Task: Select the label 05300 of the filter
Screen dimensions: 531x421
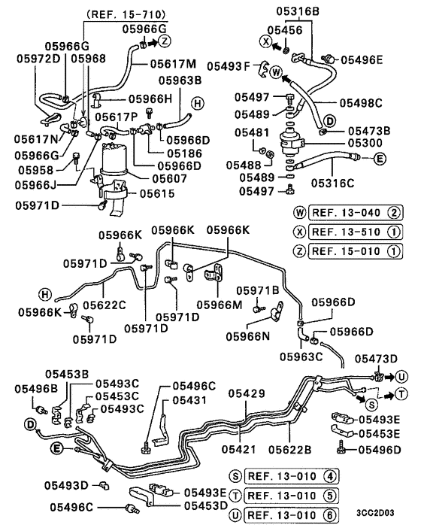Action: coord(346,142)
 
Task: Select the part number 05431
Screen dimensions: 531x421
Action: coord(186,401)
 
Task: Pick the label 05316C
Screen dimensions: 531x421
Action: coord(332,181)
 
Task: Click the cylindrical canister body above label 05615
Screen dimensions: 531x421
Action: coord(116,159)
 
